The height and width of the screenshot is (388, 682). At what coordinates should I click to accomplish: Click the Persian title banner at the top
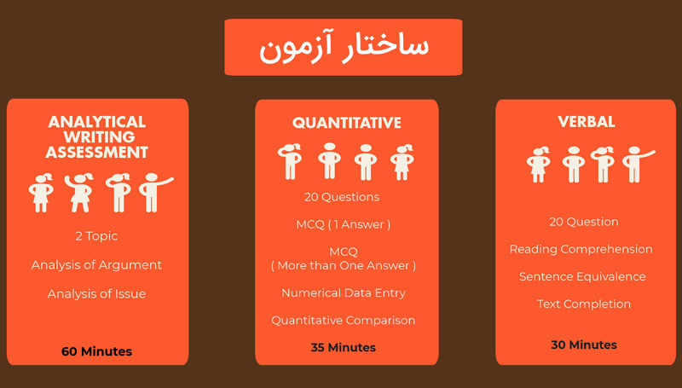click(x=344, y=47)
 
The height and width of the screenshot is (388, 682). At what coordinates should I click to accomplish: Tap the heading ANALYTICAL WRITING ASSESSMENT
click(x=96, y=137)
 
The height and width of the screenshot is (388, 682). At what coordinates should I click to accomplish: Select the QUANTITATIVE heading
click(x=346, y=123)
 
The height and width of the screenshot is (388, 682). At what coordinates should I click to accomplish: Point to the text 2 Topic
click(x=96, y=235)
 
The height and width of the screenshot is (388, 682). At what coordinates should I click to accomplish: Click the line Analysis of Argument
click(x=96, y=264)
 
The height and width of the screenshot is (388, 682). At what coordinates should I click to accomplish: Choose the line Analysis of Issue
click(x=96, y=293)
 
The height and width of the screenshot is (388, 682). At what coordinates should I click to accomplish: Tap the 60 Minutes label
click(x=96, y=350)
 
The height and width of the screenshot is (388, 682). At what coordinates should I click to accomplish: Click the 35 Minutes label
click(x=344, y=347)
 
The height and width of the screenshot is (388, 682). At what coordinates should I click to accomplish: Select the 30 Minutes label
click(x=584, y=345)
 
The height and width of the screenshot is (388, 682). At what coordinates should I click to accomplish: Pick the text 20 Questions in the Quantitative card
click(x=342, y=197)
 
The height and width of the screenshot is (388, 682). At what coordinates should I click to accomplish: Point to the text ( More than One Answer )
click(x=343, y=265)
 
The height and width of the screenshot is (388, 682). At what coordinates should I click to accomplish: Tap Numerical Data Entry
click(x=344, y=292)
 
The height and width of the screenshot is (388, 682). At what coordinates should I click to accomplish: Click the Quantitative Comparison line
click(x=344, y=321)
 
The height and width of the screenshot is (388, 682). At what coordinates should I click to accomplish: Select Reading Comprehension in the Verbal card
click(x=581, y=249)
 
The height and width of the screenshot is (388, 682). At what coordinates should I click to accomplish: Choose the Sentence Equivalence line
click(x=582, y=276)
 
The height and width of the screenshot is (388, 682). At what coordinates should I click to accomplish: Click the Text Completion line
click(x=584, y=304)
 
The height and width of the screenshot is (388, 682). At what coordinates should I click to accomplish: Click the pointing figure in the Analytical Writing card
click(x=153, y=192)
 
